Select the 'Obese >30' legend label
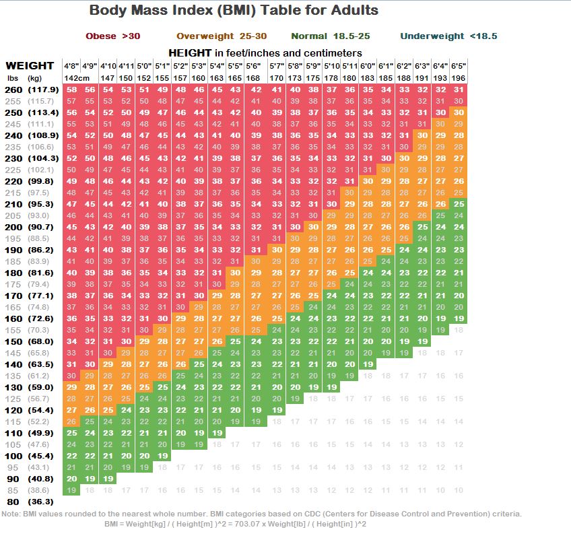(x=113, y=36)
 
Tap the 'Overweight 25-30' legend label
(x=222, y=36)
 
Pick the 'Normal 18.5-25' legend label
(x=331, y=36)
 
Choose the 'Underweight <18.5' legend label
(x=448, y=36)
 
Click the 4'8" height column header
(x=71, y=67)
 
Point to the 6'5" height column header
(x=459, y=67)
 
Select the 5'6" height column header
(x=253, y=67)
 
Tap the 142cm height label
(x=77, y=78)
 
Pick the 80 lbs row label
(x=13, y=502)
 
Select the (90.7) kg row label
(x=42, y=227)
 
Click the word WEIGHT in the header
(x=30, y=66)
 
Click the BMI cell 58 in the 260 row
(x=71, y=90)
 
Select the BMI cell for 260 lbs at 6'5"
(x=459, y=90)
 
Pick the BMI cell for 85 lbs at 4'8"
(x=71, y=490)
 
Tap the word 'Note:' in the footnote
(x=11, y=514)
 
